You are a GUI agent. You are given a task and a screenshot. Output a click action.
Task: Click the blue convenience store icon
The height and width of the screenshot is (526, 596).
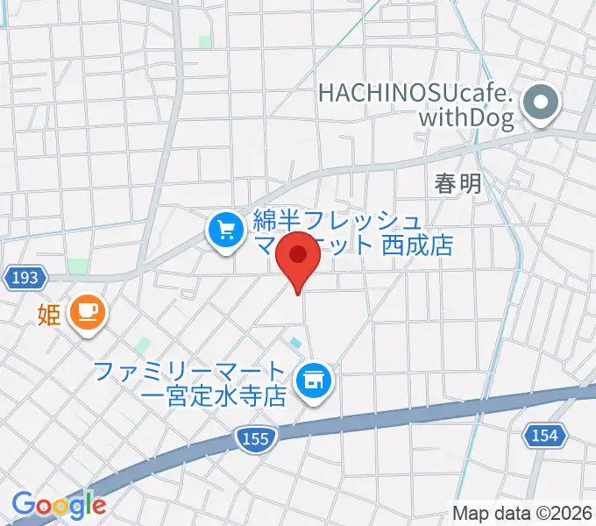point(312,380)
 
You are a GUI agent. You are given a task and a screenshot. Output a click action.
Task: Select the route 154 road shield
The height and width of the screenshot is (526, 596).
point(548,434)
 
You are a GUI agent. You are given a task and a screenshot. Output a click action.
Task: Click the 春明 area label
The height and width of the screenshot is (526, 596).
point(458,184)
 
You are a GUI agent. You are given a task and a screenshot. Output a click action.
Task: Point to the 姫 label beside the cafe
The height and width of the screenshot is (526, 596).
point(48,313)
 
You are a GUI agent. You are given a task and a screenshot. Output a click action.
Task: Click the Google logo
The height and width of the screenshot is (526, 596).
point(60,504)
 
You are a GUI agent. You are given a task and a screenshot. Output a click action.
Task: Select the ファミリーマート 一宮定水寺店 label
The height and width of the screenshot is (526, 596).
point(191,383)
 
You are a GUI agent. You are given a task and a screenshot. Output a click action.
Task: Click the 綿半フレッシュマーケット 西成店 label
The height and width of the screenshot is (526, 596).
point(351,231)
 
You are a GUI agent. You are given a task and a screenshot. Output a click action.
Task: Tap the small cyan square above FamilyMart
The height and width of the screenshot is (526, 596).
point(295,342)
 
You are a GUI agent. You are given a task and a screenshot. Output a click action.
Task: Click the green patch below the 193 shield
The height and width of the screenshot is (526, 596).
point(77,267)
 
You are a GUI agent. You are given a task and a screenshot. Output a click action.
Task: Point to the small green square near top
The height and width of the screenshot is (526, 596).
point(205,41)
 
